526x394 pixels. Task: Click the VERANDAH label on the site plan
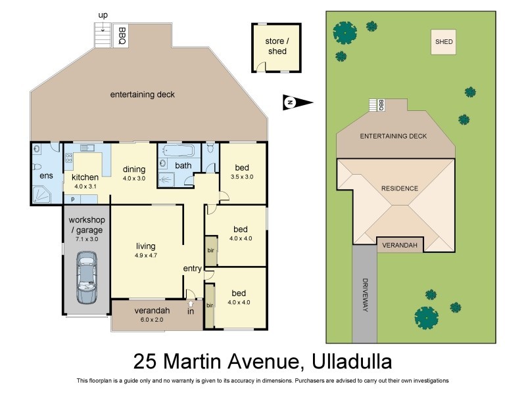click(400, 246)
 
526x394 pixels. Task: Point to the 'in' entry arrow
click(191, 303)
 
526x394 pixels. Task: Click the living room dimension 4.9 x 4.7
click(145, 255)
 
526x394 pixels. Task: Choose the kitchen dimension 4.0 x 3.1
click(85, 186)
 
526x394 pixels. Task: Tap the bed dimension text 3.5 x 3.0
click(241, 177)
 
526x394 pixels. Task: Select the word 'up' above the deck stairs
click(103, 15)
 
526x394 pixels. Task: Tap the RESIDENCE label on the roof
click(400, 188)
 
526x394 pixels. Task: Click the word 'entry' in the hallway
click(192, 269)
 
